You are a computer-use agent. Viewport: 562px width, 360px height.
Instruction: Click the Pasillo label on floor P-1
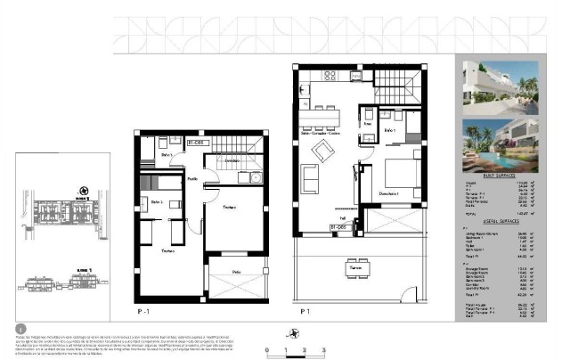pyautogui.click(x=191, y=179)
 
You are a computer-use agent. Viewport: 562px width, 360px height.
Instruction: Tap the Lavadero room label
pyautogui.click(x=231, y=160)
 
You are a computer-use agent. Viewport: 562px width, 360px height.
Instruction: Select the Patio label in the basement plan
pyautogui.click(x=236, y=271)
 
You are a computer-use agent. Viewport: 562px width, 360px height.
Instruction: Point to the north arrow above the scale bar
pyautogui.click(x=291, y=333)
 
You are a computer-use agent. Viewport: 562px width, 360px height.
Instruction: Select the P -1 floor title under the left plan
pyautogui.click(x=143, y=312)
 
